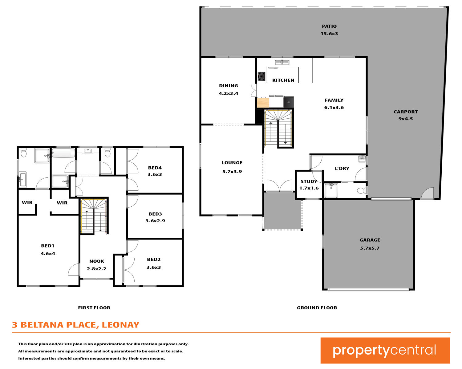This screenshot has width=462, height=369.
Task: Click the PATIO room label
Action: (329, 26)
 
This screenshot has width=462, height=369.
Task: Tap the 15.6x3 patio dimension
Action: (329, 34)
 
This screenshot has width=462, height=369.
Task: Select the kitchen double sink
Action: (282, 62)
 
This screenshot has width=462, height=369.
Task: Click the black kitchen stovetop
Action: (261, 77)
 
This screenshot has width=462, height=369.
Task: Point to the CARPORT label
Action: (406, 112)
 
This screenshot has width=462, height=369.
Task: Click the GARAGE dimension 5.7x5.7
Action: (370, 248)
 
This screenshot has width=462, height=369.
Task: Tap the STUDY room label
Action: (309, 181)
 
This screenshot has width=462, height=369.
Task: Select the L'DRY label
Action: (342, 169)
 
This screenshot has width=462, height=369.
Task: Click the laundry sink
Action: (362, 159)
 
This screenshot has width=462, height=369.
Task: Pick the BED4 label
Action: (155, 168)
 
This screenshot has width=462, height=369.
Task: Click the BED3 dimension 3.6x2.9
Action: (155, 220)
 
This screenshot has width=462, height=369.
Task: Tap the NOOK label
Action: (97, 261)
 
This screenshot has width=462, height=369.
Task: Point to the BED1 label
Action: (48, 246)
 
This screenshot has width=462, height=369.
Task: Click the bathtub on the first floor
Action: (63, 153)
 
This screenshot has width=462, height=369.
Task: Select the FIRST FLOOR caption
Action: (94, 308)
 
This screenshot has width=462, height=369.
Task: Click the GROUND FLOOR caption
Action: (317, 308)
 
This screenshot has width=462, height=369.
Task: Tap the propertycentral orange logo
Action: (385, 351)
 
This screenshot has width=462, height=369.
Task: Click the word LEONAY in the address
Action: (121, 325)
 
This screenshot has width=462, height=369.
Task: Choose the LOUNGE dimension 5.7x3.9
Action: (232, 172)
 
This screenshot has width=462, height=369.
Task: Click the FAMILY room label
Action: (334, 100)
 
